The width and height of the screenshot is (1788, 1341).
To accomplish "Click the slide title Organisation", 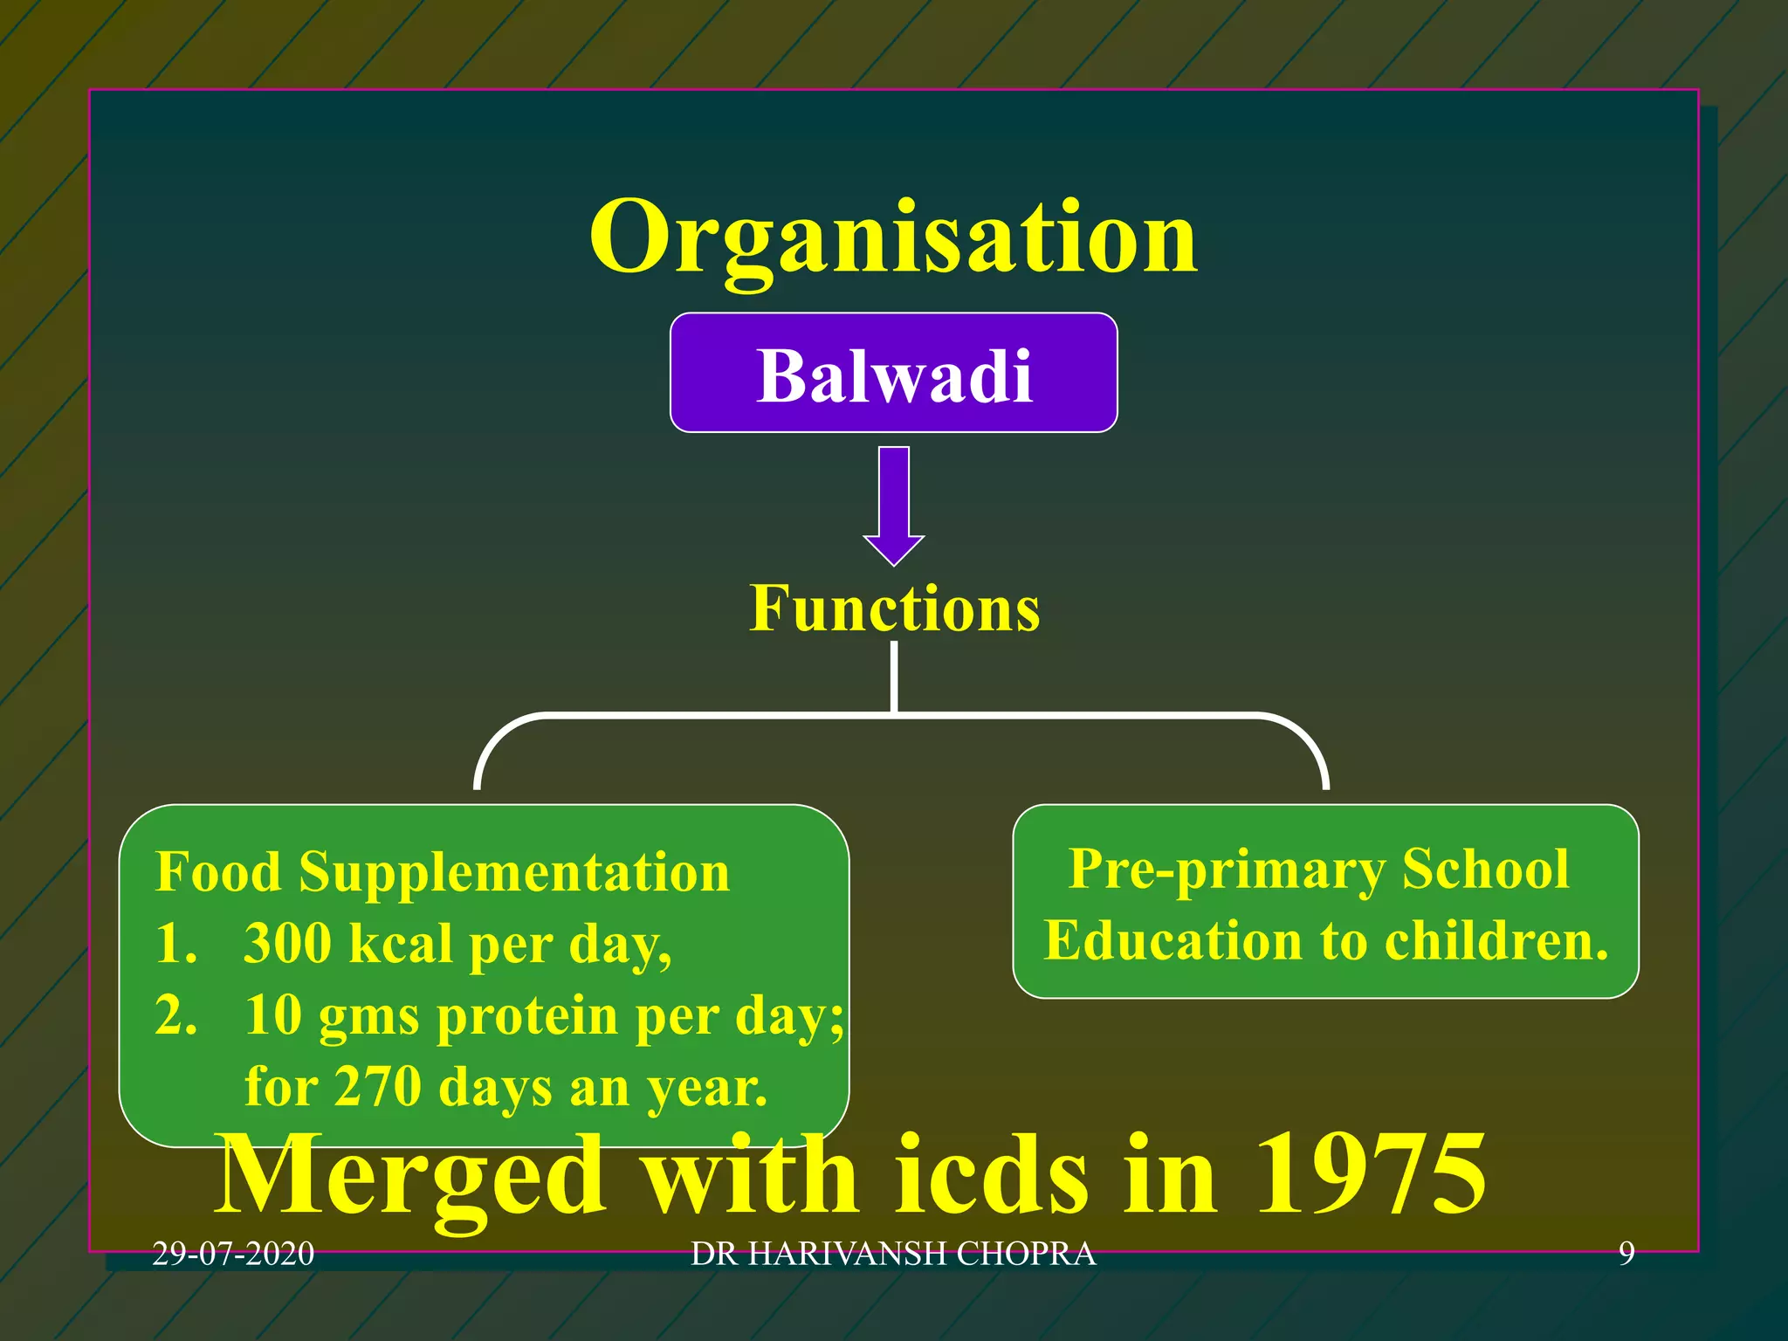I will click(x=893, y=237).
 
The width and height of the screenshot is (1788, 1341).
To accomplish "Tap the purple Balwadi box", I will click(x=893, y=374).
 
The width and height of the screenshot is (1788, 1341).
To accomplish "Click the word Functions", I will click(x=894, y=609).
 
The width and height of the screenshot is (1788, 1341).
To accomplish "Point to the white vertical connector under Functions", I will click(x=894, y=677).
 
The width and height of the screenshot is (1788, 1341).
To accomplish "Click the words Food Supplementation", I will click(x=442, y=872).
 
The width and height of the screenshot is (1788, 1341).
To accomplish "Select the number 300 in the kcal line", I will click(x=287, y=944).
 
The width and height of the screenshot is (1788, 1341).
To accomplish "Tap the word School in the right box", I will click(x=1485, y=870).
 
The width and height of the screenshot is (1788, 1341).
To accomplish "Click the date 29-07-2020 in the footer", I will click(x=233, y=1255).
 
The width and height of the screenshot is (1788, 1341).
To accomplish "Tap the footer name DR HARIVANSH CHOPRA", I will click(x=893, y=1255).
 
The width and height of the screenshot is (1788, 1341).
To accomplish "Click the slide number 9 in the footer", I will click(x=1626, y=1255).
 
